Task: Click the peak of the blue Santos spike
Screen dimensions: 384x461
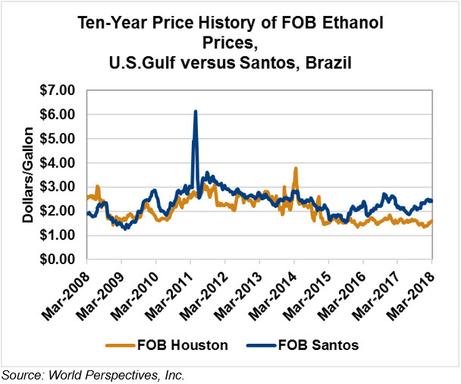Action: coord(196,112)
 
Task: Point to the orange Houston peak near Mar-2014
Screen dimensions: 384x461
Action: coord(295,168)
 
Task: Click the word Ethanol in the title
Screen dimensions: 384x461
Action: coord(355,24)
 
